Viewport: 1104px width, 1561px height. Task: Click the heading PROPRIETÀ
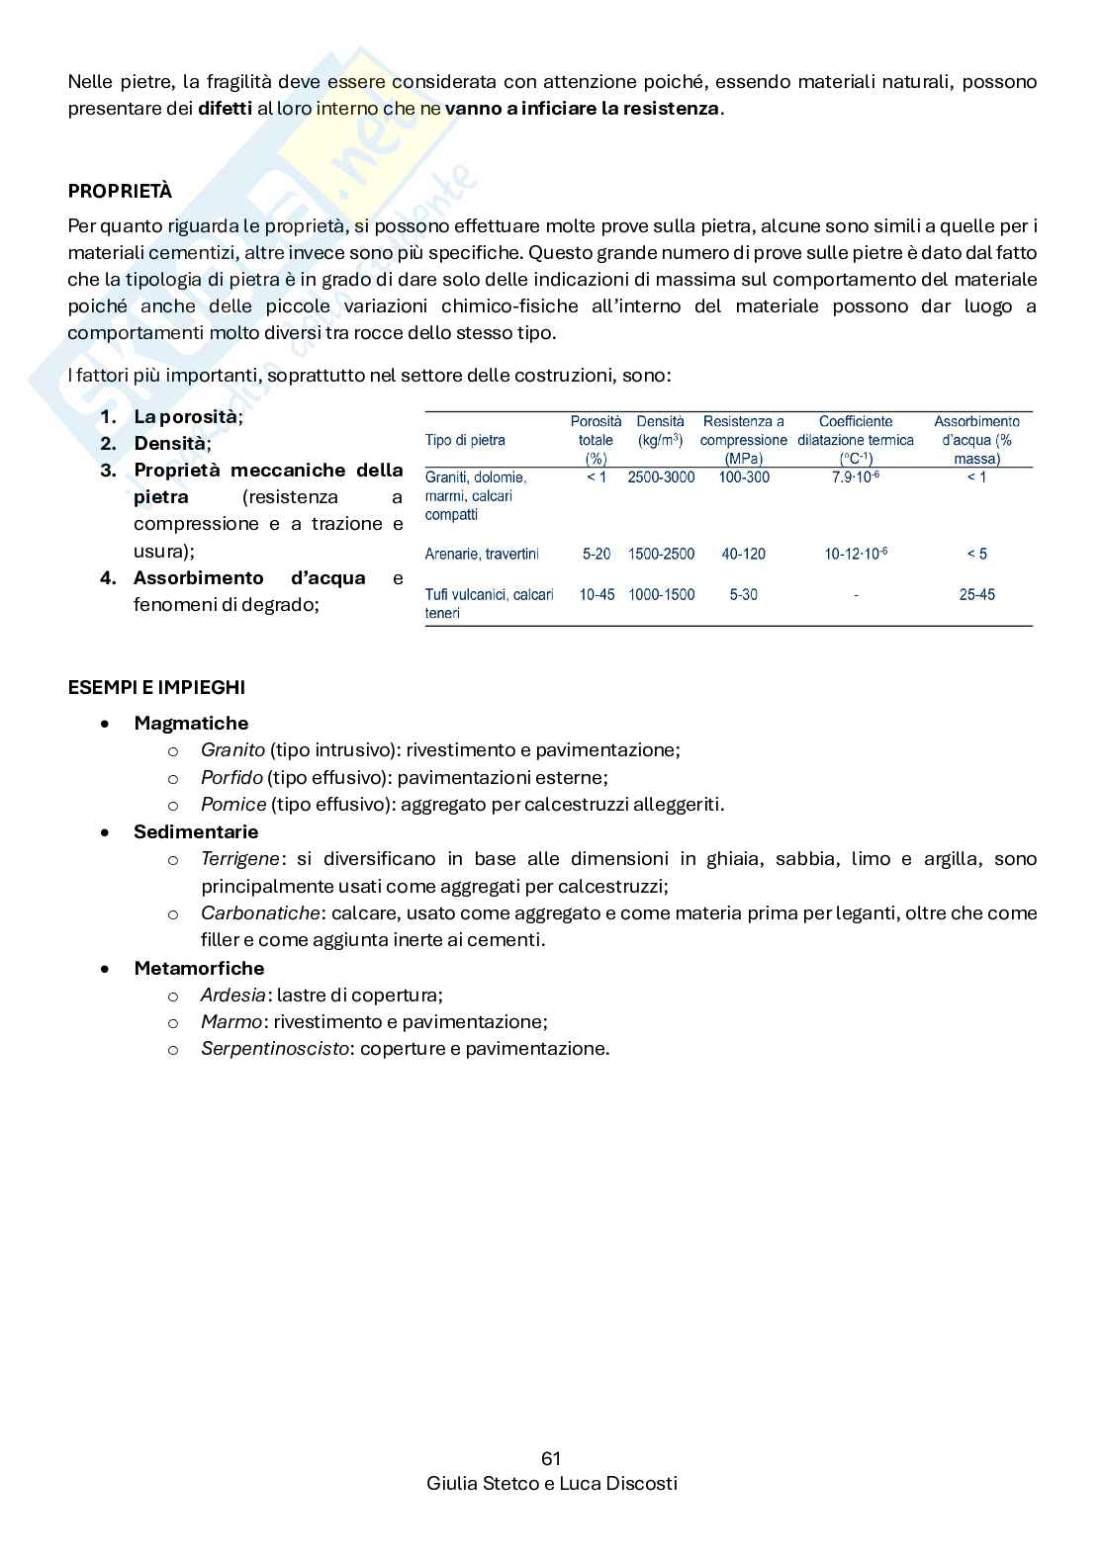119,192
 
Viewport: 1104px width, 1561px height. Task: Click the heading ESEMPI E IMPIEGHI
156,687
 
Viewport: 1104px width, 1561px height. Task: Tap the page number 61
551,1458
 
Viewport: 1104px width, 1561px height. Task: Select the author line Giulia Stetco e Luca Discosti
551,1484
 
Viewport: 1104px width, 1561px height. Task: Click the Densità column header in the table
660,430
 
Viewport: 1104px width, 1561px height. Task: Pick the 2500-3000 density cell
661,477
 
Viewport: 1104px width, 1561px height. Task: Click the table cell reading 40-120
743,555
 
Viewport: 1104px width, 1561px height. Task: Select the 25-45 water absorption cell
976,595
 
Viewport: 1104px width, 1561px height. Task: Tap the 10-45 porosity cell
597,595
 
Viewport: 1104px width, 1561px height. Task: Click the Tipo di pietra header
465,441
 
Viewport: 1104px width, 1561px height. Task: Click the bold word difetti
225,109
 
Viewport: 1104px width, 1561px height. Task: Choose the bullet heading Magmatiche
191,724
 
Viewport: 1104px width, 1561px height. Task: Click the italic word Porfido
231,778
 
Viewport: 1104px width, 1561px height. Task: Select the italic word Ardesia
232,996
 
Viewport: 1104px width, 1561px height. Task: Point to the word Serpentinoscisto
275,1049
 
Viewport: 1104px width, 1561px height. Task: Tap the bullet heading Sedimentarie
196,832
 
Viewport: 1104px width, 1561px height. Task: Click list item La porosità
185,417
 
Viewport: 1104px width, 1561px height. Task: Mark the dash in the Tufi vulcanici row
855,595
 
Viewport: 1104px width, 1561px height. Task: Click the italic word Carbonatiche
260,913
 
